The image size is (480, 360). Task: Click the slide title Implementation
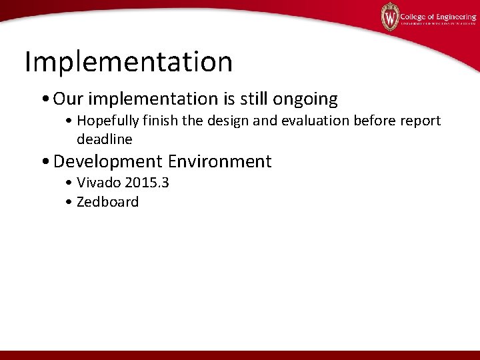(x=129, y=63)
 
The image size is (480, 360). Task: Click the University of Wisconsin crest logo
(x=390, y=17)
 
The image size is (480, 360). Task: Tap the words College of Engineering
(x=438, y=17)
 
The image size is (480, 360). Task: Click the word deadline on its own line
(x=105, y=139)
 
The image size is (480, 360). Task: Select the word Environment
(x=220, y=161)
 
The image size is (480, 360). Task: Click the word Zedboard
(x=107, y=202)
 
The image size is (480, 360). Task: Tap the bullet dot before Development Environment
(x=45, y=162)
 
